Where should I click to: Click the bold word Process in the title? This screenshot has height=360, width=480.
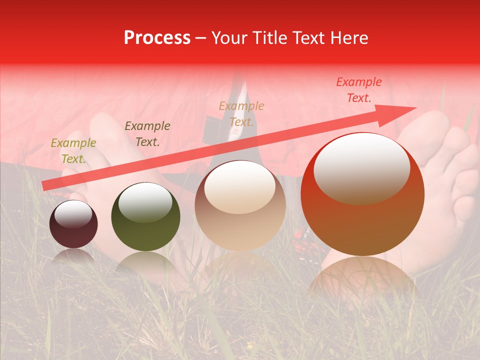pyautogui.click(x=157, y=38)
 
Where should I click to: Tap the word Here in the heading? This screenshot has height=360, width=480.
pyautogui.click(x=349, y=38)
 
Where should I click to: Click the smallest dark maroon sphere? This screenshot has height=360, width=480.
pyautogui.click(x=73, y=224)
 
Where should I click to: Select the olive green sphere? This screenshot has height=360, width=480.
pyautogui.click(x=145, y=217)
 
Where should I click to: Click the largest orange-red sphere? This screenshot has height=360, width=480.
pyautogui.click(x=362, y=195)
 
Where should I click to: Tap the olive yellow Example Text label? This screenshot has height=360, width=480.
pyautogui.click(x=73, y=151)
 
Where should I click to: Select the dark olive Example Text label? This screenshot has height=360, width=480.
pyautogui.click(x=147, y=134)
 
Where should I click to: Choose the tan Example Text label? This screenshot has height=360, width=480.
pyautogui.click(x=241, y=114)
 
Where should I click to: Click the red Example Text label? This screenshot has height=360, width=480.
pyautogui.click(x=359, y=90)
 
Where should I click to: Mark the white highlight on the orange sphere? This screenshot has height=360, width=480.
pyautogui.click(x=361, y=167)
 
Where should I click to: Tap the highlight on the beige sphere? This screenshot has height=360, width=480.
pyautogui.click(x=240, y=187)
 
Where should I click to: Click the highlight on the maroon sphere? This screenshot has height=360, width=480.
pyautogui.click(x=73, y=214)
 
